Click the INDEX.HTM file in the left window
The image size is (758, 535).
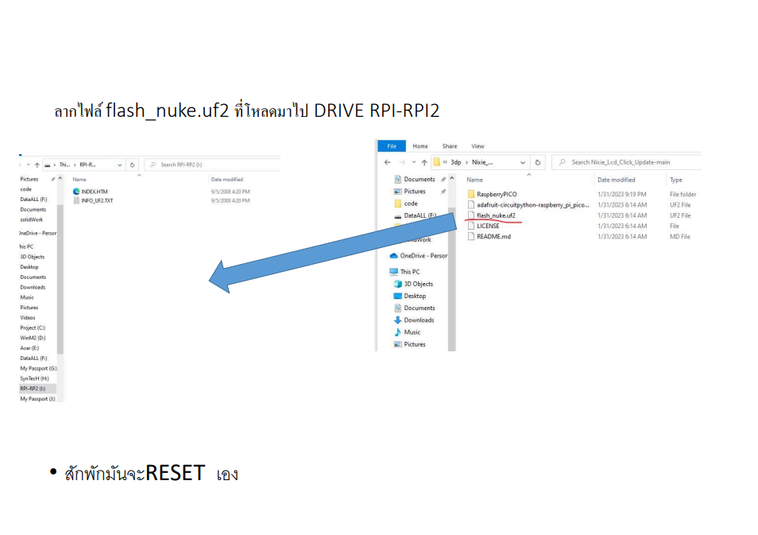click(x=94, y=192)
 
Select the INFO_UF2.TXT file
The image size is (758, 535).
click(x=97, y=200)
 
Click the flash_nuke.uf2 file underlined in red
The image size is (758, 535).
click(x=495, y=215)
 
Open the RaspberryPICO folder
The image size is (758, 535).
click(x=496, y=194)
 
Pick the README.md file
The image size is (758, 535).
click(x=493, y=236)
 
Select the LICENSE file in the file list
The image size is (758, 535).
click(x=488, y=226)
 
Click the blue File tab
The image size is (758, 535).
click(x=391, y=146)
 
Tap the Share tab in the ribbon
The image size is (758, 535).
click(x=450, y=146)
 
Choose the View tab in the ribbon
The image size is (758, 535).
click(x=478, y=146)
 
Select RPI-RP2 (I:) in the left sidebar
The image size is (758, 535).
click(x=33, y=389)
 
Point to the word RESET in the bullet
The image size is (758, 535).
click(x=176, y=473)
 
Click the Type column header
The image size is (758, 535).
click(x=676, y=180)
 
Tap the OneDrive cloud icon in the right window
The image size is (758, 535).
click(x=393, y=256)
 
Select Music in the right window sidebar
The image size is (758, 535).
click(x=412, y=332)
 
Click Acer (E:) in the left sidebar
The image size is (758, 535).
click(x=29, y=348)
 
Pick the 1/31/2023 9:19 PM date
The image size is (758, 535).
click(x=621, y=194)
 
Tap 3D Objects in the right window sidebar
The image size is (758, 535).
click(x=418, y=284)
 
